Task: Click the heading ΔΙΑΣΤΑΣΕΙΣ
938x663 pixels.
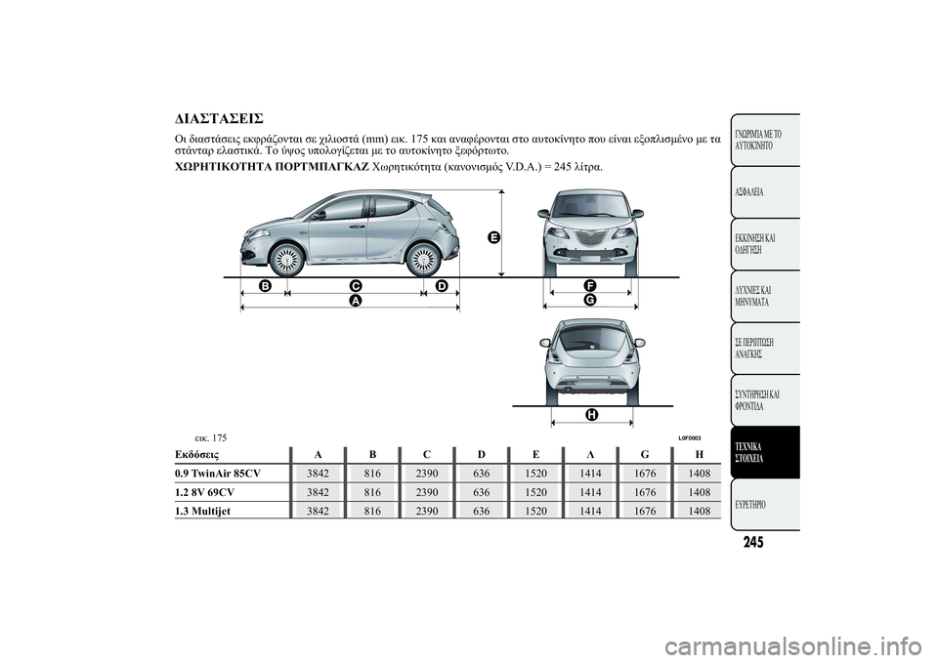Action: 218,119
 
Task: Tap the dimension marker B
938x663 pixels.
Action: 265,285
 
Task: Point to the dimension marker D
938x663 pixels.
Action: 442,285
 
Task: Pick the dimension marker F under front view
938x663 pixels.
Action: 590,284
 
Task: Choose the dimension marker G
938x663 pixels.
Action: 590,300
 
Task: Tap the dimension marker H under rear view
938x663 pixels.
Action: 592,415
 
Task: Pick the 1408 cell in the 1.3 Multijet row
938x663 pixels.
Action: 698,511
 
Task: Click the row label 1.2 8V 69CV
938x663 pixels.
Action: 206,492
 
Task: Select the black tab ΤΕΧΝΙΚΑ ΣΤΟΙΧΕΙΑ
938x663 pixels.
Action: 765,452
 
